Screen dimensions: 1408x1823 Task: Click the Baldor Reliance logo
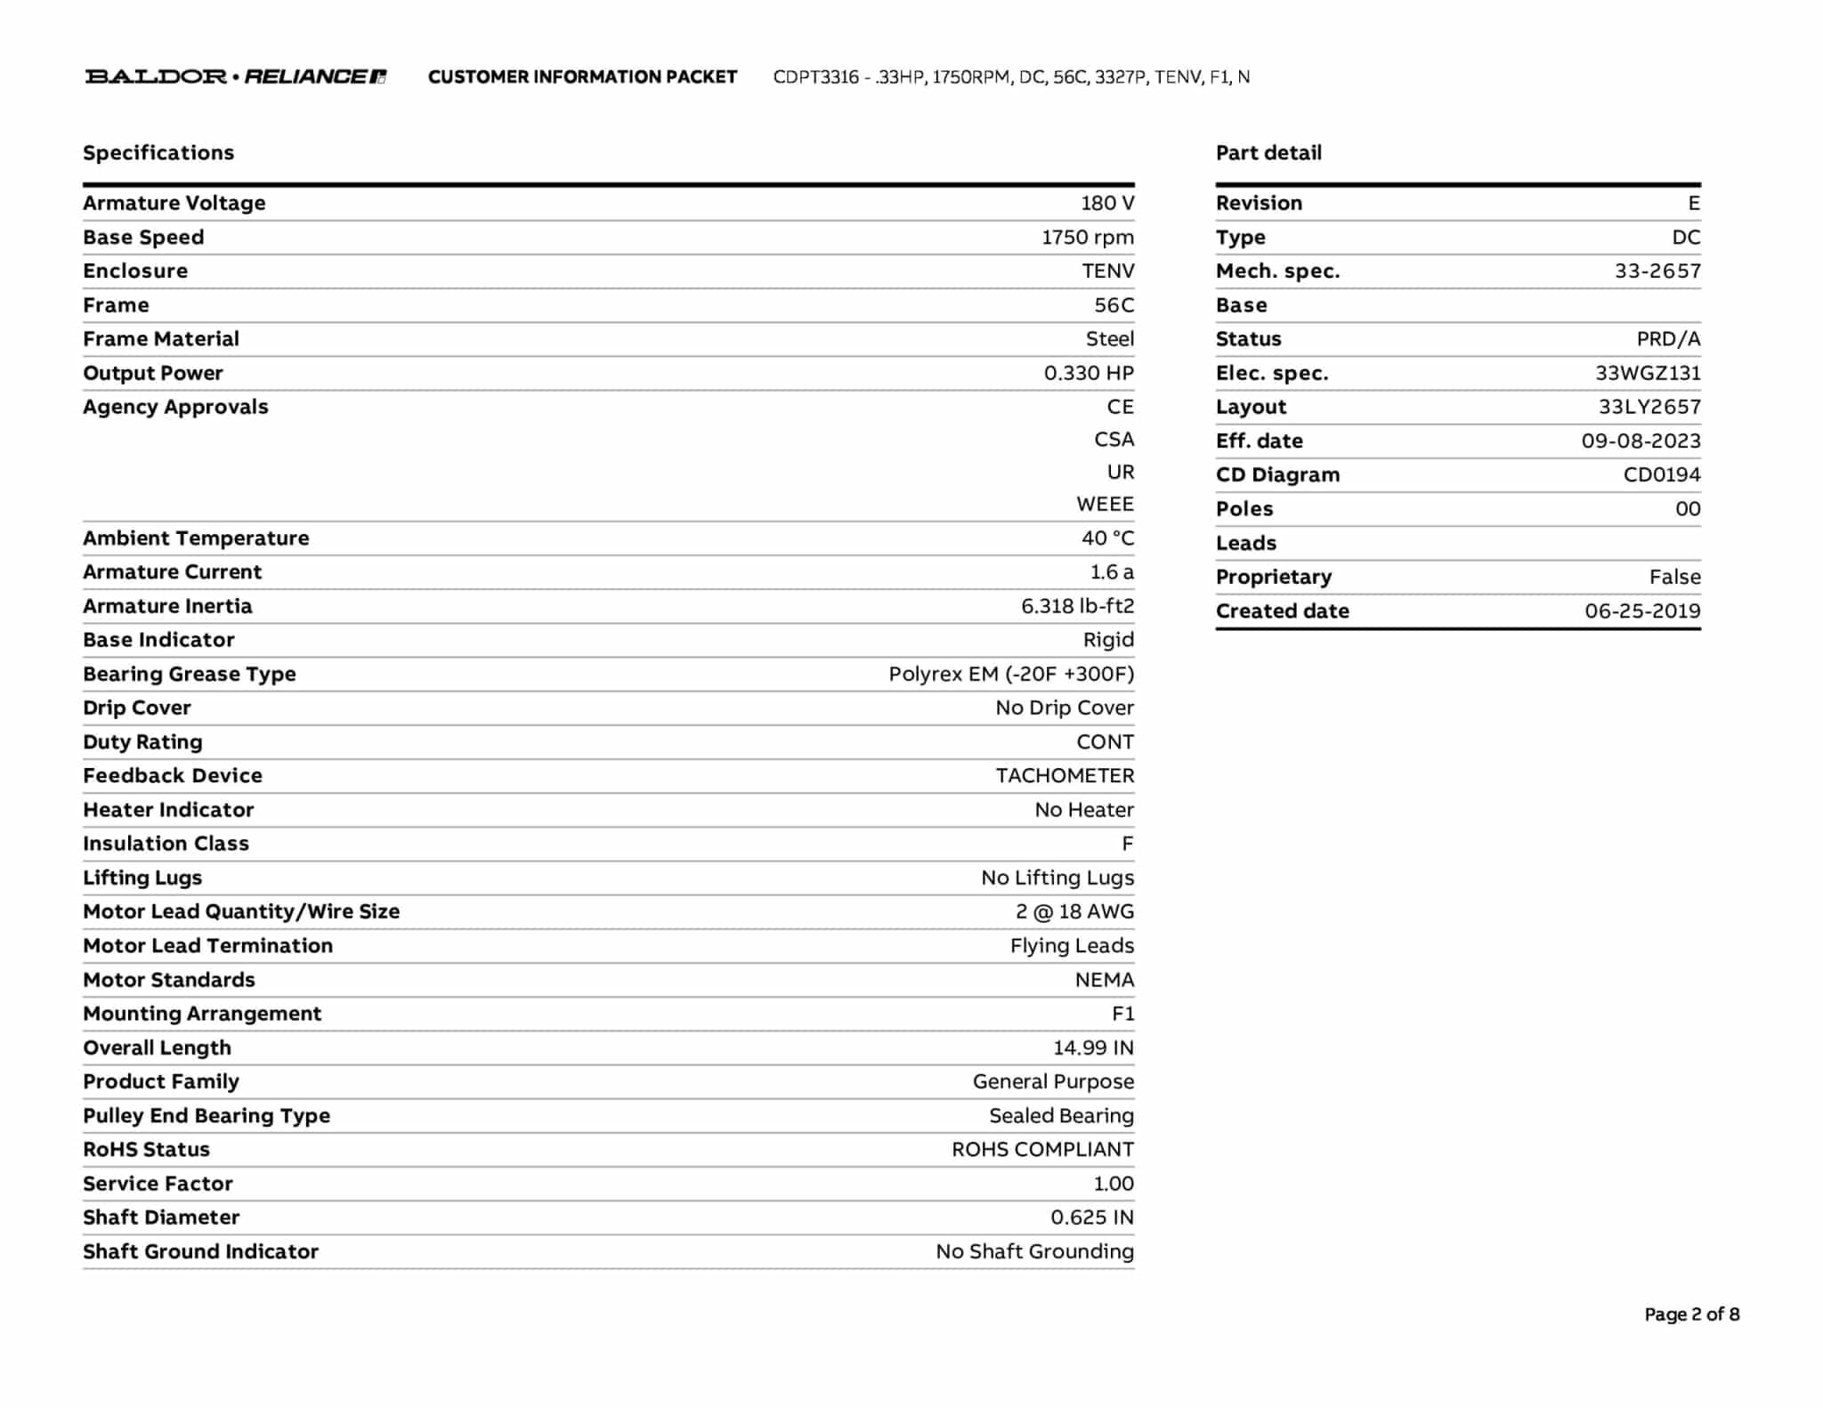tap(235, 77)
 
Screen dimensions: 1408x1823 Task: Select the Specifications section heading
tap(158, 153)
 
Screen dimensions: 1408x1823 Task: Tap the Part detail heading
tap(1268, 153)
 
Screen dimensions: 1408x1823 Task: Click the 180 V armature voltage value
tap(1107, 203)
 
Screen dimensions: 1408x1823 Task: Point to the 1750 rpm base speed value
tap(1088, 238)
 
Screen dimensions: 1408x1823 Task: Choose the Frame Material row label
tap(161, 339)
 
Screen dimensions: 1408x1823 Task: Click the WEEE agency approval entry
tap(1105, 505)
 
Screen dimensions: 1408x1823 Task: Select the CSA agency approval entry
tap(1114, 440)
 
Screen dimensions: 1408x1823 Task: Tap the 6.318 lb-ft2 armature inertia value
tap(1077, 606)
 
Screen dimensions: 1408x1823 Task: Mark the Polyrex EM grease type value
tap(1011, 674)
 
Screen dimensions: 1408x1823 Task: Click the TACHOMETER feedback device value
tap(1065, 776)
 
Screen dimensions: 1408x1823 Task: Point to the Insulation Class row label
tap(166, 844)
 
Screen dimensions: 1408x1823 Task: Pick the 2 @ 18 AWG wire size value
tap(1074, 911)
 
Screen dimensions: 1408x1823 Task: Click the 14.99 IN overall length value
tap(1093, 1048)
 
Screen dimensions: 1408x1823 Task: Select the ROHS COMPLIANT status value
tap(1042, 1150)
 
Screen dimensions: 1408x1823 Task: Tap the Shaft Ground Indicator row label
tap(200, 1251)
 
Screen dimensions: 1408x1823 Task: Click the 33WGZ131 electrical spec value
tap(1648, 373)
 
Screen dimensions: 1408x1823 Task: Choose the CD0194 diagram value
tap(1661, 475)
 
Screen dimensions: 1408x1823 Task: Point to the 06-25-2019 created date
tap(1642, 611)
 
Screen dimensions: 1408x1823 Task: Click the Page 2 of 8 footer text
tap(1691, 1315)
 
